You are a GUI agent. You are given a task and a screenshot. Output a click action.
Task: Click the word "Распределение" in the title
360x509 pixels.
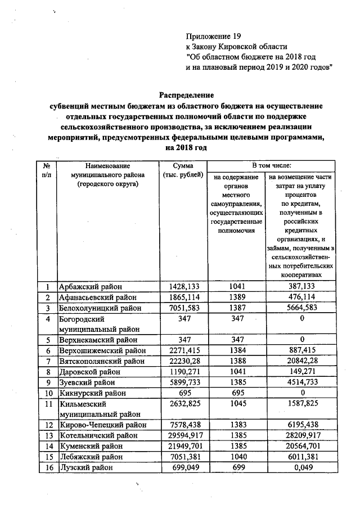[x=185, y=95]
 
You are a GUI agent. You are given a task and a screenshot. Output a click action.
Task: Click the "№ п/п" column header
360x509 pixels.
[x=47, y=170]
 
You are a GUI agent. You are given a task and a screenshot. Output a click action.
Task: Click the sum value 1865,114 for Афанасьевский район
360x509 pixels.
[x=183, y=298]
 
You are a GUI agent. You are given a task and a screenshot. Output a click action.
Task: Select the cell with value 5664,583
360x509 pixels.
[x=303, y=308]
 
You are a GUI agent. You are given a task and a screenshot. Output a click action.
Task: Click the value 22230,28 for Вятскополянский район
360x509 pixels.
[x=183, y=361]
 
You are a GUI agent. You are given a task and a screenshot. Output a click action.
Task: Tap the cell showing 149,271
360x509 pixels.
[x=303, y=371]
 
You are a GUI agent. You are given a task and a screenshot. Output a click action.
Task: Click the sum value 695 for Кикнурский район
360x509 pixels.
[x=183, y=393]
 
